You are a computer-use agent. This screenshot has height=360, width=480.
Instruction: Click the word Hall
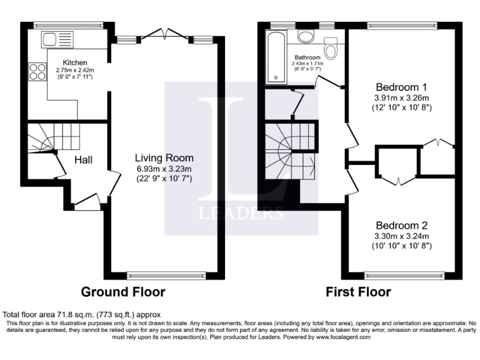coord(84,161)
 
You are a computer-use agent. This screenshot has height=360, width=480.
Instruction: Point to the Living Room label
coord(164,157)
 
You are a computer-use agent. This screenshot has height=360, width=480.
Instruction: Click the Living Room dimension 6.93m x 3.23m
coord(164,168)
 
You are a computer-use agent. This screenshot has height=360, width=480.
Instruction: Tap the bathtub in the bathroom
coord(275,57)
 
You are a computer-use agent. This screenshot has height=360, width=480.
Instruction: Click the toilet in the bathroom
coord(331,46)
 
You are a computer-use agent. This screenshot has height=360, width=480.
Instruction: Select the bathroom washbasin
coord(306,37)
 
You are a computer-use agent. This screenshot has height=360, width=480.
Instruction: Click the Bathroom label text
coord(307,57)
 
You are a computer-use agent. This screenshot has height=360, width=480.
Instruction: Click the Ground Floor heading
coord(123,292)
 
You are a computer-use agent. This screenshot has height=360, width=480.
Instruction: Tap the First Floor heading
coord(358,292)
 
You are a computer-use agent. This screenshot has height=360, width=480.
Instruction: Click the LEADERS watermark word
coord(241,212)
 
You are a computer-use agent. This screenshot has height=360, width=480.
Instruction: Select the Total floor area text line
coord(82,314)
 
